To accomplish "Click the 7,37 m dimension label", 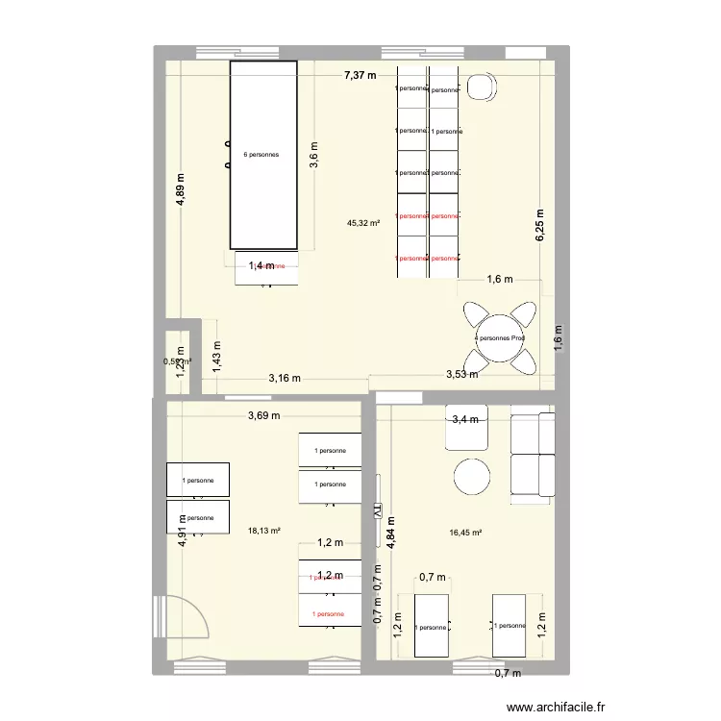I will pyautogui.click(x=360, y=75).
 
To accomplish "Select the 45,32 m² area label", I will pyautogui.click(x=363, y=223).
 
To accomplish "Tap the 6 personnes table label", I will pyautogui.click(x=261, y=154).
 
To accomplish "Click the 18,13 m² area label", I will pyautogui.click(x=263, y=530).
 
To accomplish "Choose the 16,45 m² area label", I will pyautogui.click(x=465, y=532).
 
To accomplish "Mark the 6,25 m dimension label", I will pyautogui.click(x=540, y=226).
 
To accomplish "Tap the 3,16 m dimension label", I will pyautogui.click(x=284, y=378).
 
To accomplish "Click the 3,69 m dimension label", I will pyautogui.click(x=263, y=416).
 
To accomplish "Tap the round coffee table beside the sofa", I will pyautogui.click(x=473, y=476).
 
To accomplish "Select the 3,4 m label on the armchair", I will pyautogui.click(x=467, y=419).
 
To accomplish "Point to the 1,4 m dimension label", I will pyautogui.click(x=261, y=266).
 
